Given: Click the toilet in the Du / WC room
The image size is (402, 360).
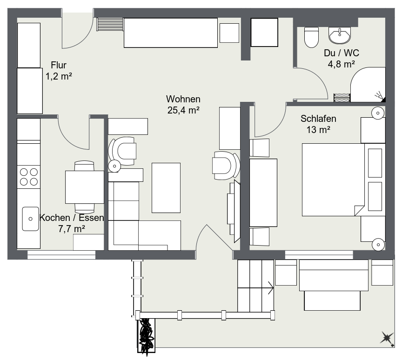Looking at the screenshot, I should (x=310, y=37).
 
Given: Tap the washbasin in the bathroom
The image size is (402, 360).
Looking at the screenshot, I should (x=340, y=34).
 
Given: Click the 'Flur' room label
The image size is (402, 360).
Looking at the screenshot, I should (x=59, y=65).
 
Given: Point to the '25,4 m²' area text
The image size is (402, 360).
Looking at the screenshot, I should (x=183, y=110).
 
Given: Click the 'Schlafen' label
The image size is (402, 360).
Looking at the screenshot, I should (x=318, y=119).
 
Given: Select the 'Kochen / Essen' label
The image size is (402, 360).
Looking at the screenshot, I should (x=72, y=218).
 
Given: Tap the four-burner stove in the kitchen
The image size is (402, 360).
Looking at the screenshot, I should (x=29, y=177).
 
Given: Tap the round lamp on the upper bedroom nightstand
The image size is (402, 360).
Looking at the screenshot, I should (x=377, y=112).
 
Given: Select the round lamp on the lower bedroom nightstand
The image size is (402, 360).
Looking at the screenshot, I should (x=377, y=243).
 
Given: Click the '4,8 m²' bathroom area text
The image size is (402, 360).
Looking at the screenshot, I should (x=342, y=65).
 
